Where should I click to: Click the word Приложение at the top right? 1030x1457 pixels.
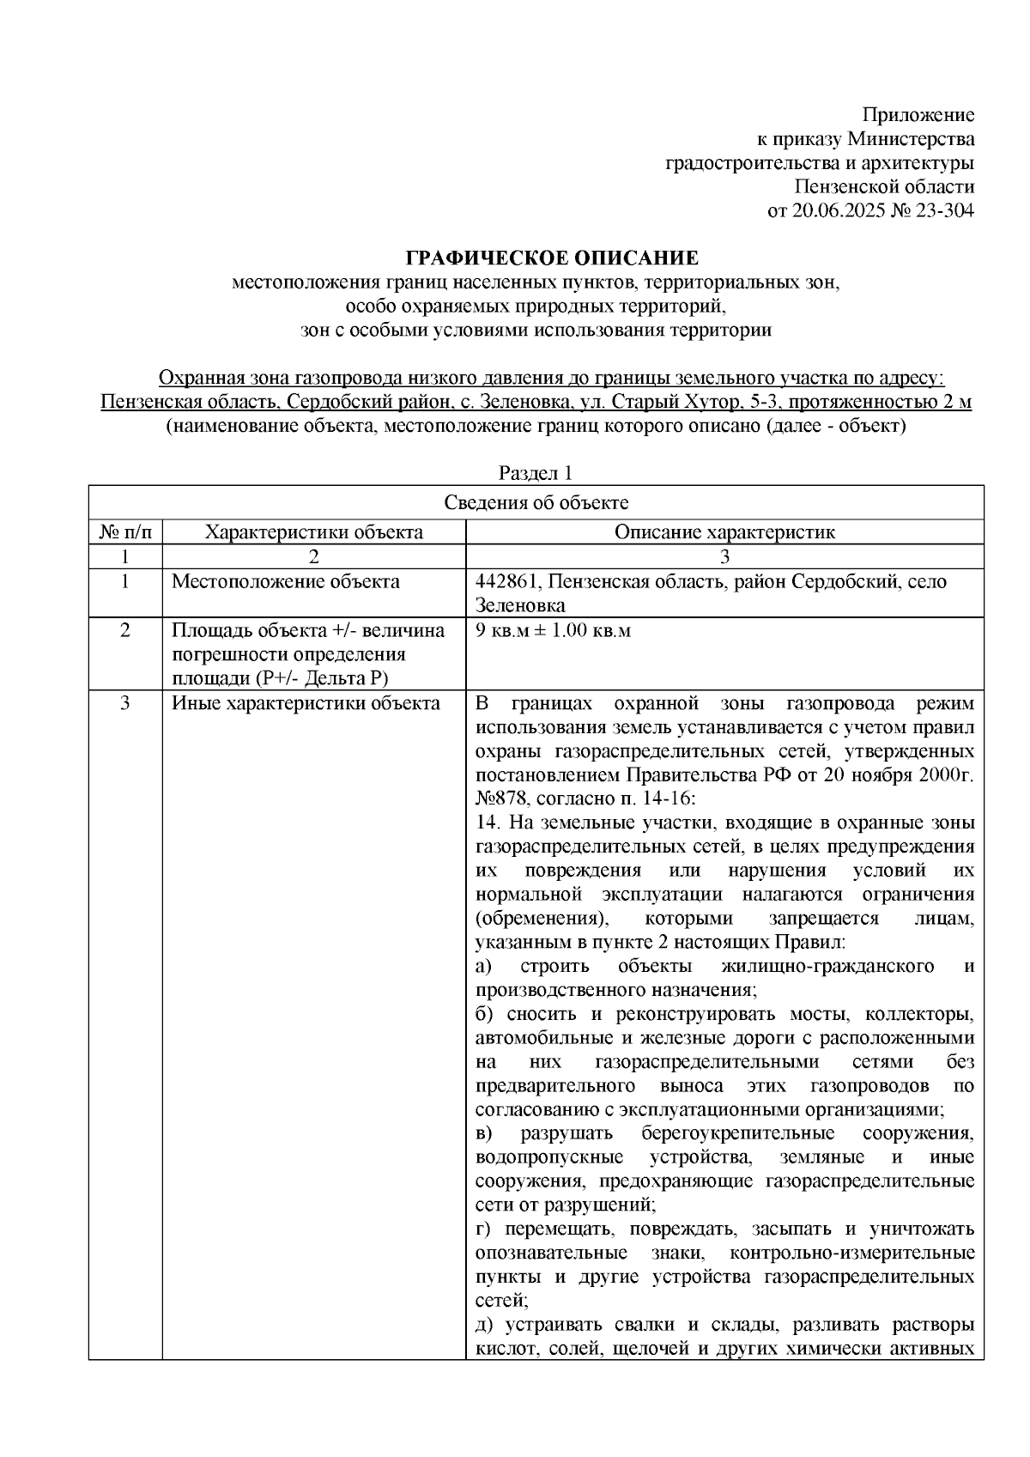(x=918, y=115)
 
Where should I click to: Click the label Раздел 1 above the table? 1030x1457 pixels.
(x=536, y=473)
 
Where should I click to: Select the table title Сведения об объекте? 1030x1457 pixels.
(x=536, y=503)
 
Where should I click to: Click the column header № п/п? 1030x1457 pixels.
(x=125, y=531)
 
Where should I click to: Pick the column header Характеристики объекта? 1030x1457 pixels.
(x=313, y=531)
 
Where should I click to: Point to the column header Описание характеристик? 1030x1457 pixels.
(x=724, y=531)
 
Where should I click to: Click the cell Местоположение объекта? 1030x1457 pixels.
(x=286, y=582)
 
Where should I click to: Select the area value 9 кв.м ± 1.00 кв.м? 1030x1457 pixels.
(x=553, y=631)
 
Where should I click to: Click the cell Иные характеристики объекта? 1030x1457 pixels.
(x=306, y=704)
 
